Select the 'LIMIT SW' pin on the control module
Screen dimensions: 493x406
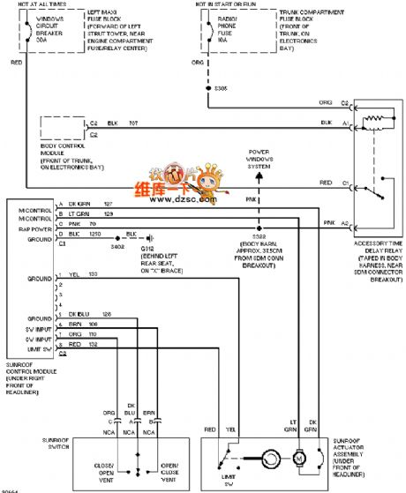(x=40, y=347)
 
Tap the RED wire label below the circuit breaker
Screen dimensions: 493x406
(x=17, y=63)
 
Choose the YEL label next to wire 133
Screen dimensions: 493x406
(x=72, y=275)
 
